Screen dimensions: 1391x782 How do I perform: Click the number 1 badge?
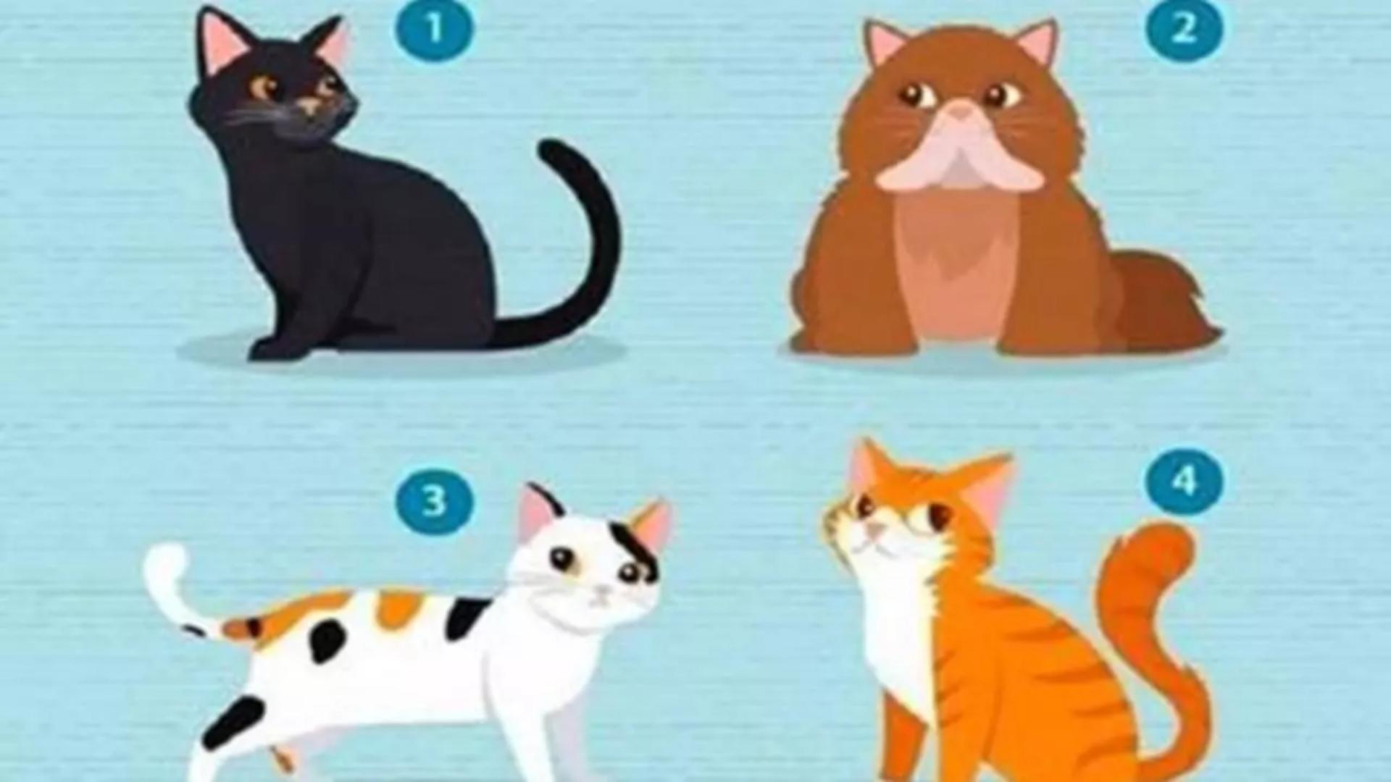[x=433, y=29]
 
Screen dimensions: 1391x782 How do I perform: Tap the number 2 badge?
[x=1184, y=29]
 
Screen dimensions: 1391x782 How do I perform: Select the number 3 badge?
[x=434, y=500]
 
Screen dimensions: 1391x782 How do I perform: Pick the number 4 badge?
[x=1184, y=480]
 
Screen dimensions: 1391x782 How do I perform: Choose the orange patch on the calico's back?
[x=398, y=608]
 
